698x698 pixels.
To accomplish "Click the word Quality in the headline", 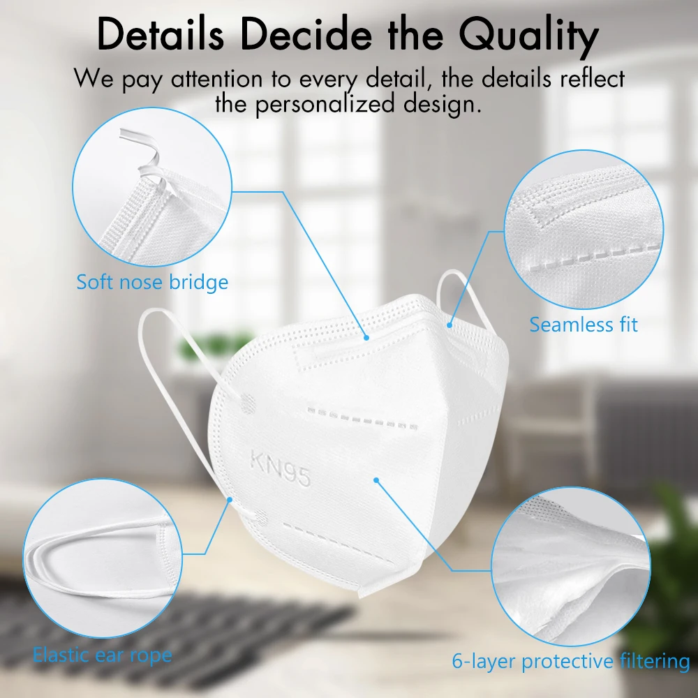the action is click(529, 36).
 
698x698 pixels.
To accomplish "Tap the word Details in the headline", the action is click(161, 34).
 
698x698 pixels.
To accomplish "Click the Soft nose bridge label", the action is click(152, 282).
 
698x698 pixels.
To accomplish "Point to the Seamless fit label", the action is click(583, 325).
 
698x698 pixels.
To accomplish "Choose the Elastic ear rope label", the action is click(103, 655).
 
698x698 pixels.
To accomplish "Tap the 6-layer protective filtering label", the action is click(571, 662).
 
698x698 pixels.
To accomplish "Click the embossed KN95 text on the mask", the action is click(280, 468).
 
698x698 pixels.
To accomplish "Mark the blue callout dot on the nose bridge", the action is click(366, 337).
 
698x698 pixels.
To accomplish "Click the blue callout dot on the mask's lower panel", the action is click(376, 480).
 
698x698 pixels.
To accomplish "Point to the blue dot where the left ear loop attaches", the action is click(230, 500).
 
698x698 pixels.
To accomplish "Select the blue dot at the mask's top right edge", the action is click(450, 325).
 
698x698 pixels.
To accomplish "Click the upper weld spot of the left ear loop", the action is click(248, 403).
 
